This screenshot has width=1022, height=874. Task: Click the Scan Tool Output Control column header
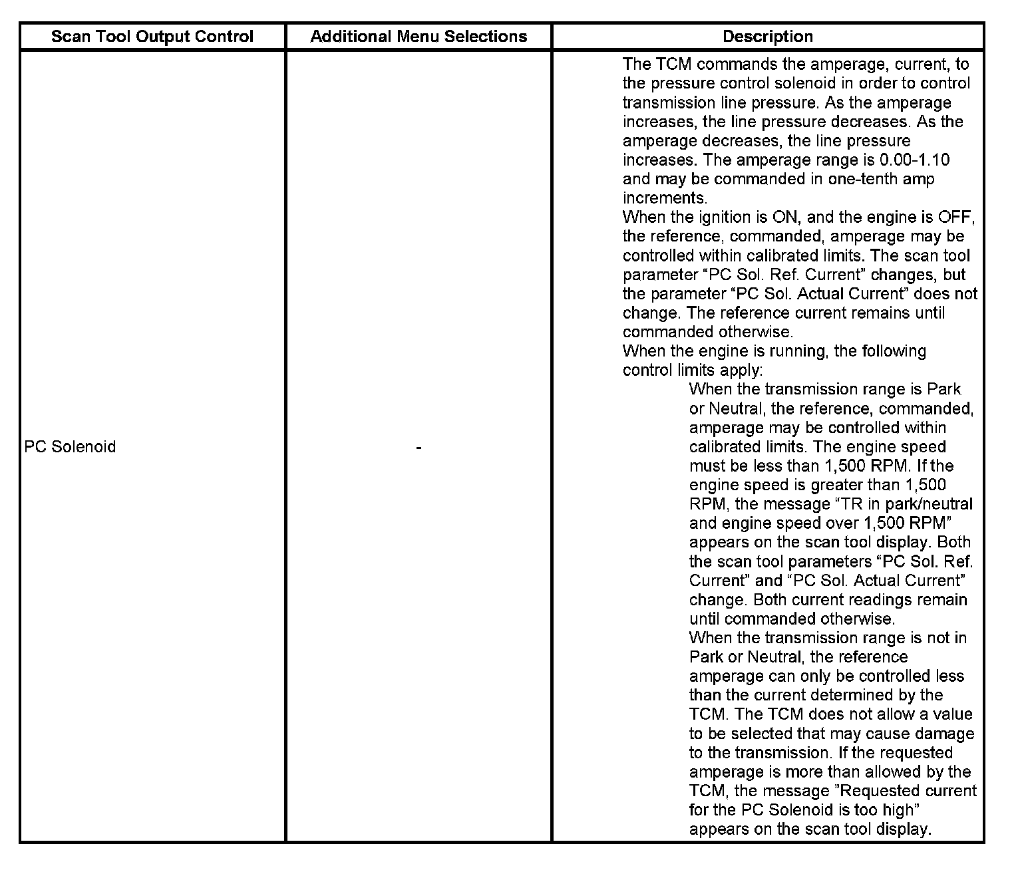point(152,37)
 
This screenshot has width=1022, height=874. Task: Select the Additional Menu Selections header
point(419,37)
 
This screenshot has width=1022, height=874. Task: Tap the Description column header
point(768,37)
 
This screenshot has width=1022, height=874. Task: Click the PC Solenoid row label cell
point(70,446)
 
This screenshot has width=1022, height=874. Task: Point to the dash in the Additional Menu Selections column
point(419,448)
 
